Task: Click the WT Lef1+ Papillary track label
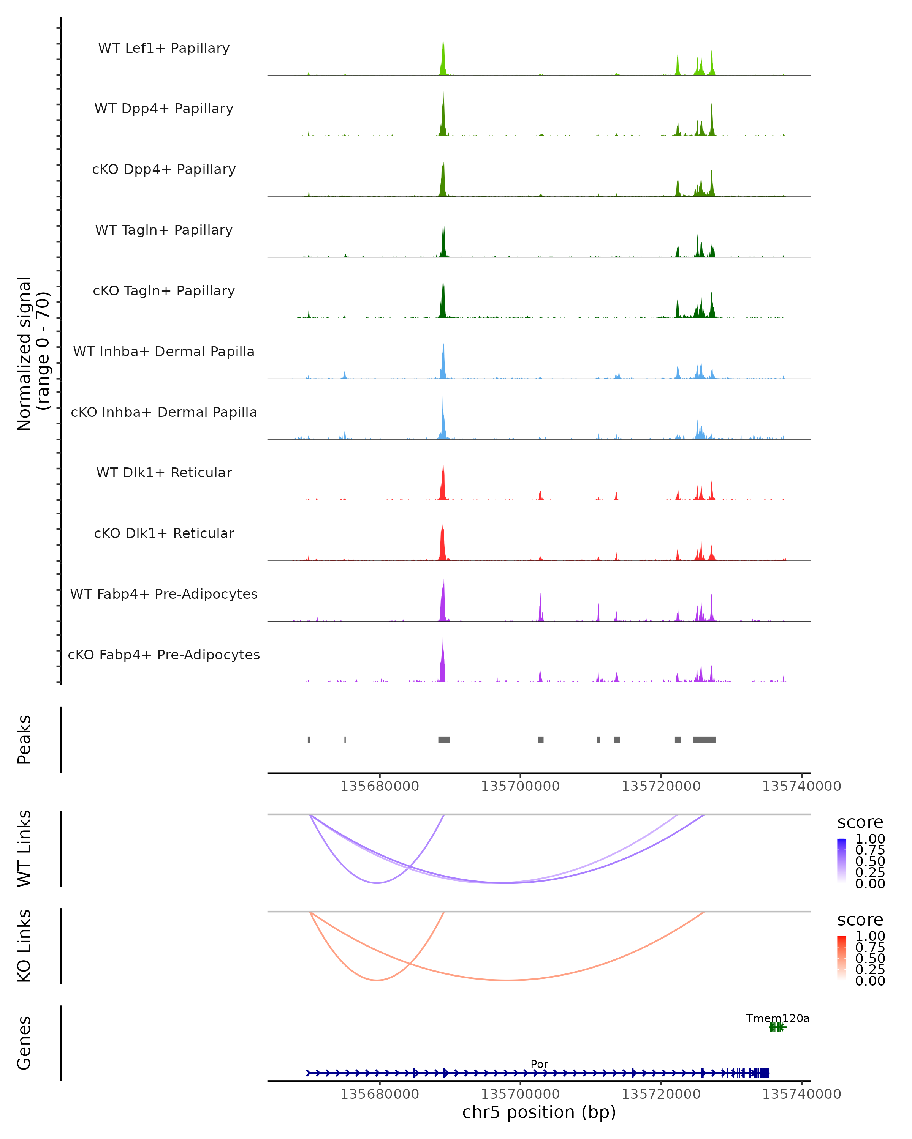point(164,48)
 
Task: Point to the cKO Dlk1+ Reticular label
point(164,533)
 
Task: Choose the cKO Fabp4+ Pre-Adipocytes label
point(164,655)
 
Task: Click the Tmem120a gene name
point(777,1018)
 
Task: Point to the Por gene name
point(539,1064)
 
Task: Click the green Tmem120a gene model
point(777,1027)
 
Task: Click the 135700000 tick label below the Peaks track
point(520,786)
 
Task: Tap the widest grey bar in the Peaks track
point(704,740)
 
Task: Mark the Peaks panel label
point(24,740)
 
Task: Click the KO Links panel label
point(24,946)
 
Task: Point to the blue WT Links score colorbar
point(842,860)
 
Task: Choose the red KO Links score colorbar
point(842,957)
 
